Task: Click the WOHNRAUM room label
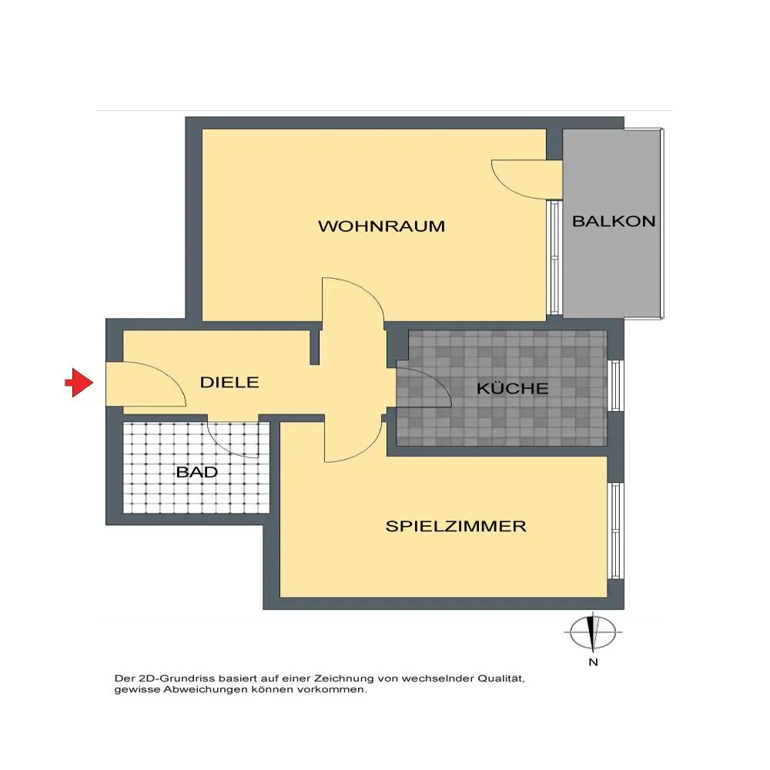382,226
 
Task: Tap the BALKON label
614,222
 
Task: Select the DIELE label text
229,383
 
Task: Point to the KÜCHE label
512,388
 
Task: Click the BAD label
197,473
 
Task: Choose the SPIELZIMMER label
456,527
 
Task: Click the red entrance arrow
79,382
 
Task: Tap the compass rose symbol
593,632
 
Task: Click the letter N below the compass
593,662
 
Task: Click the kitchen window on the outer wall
616,386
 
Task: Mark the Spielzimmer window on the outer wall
616,531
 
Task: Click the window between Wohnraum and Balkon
554,257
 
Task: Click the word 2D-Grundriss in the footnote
177,679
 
